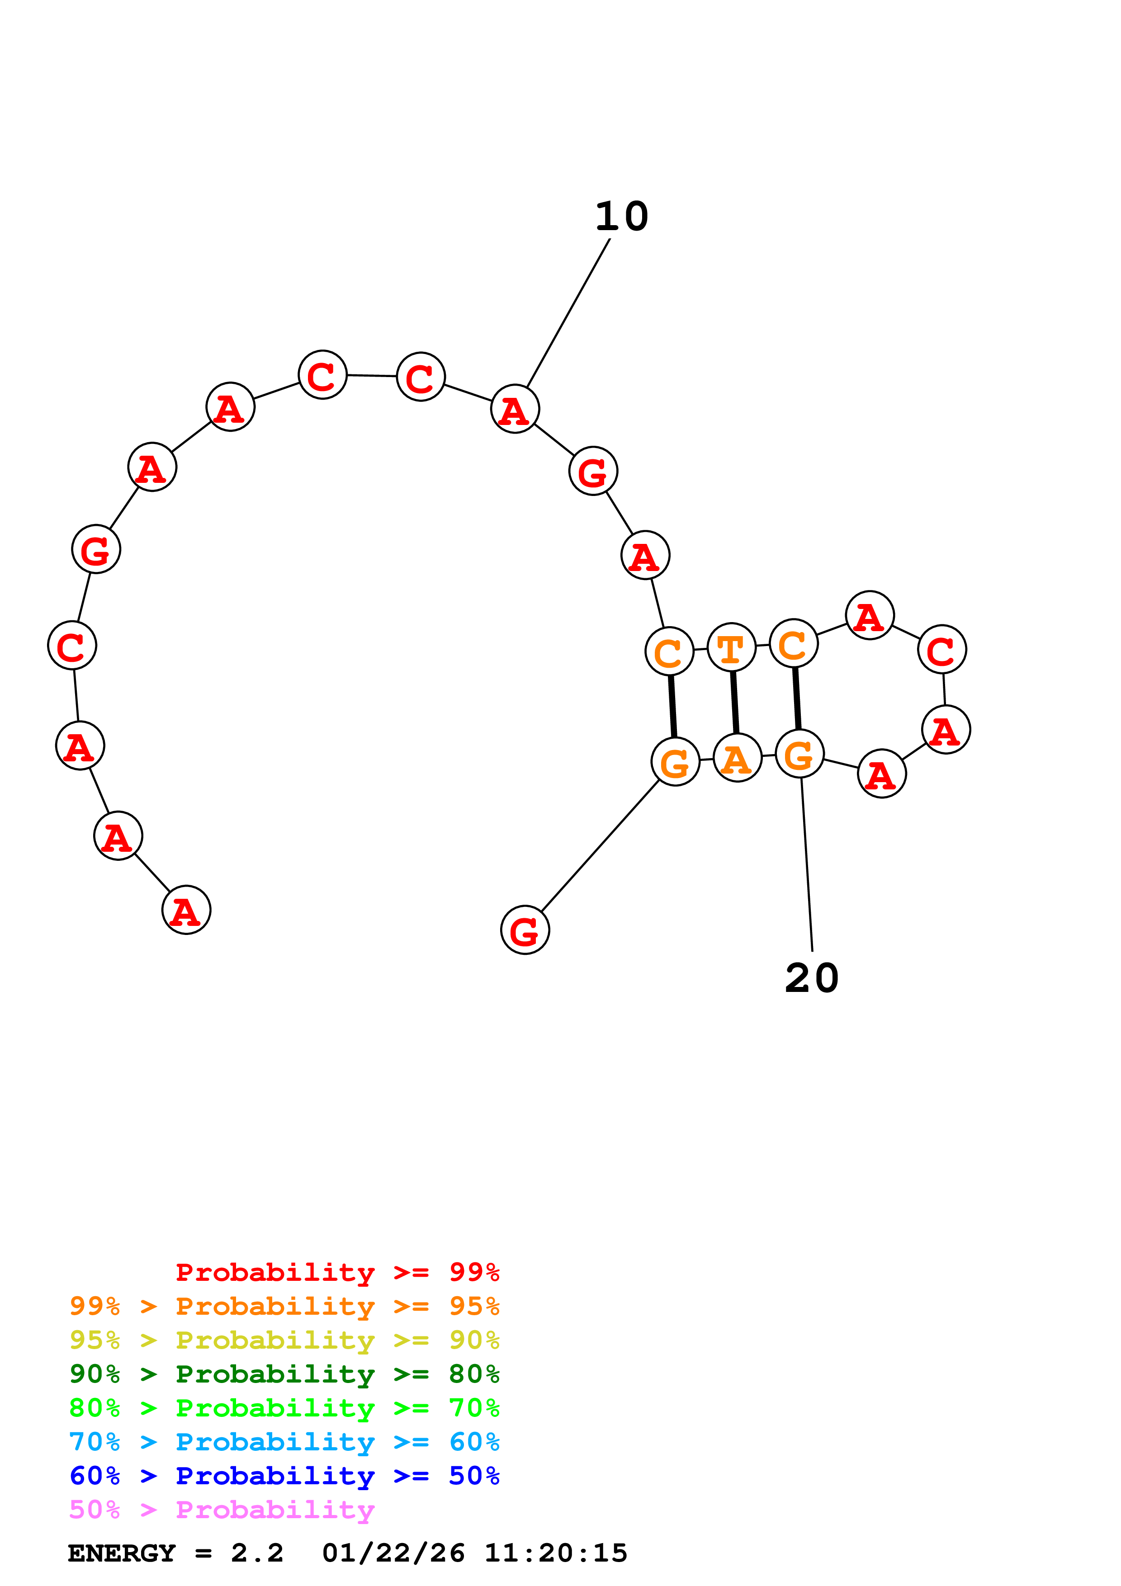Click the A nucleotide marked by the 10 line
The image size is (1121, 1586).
[x=515, y=409]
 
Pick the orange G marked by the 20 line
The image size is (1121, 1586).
[x=799, y=754]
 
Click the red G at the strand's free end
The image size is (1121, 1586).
[x=525, y=930]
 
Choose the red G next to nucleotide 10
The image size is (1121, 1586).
[x=593, y=471]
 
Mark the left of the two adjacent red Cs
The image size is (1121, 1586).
[x=322, y=375]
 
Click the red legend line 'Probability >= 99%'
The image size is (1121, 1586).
[x=337, y=1272]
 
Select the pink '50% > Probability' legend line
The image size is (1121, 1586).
[x=222, y=1510]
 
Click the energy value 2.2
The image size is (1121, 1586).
[x=257, y=1553]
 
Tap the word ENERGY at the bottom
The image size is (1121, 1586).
[x=122, y=1553]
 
